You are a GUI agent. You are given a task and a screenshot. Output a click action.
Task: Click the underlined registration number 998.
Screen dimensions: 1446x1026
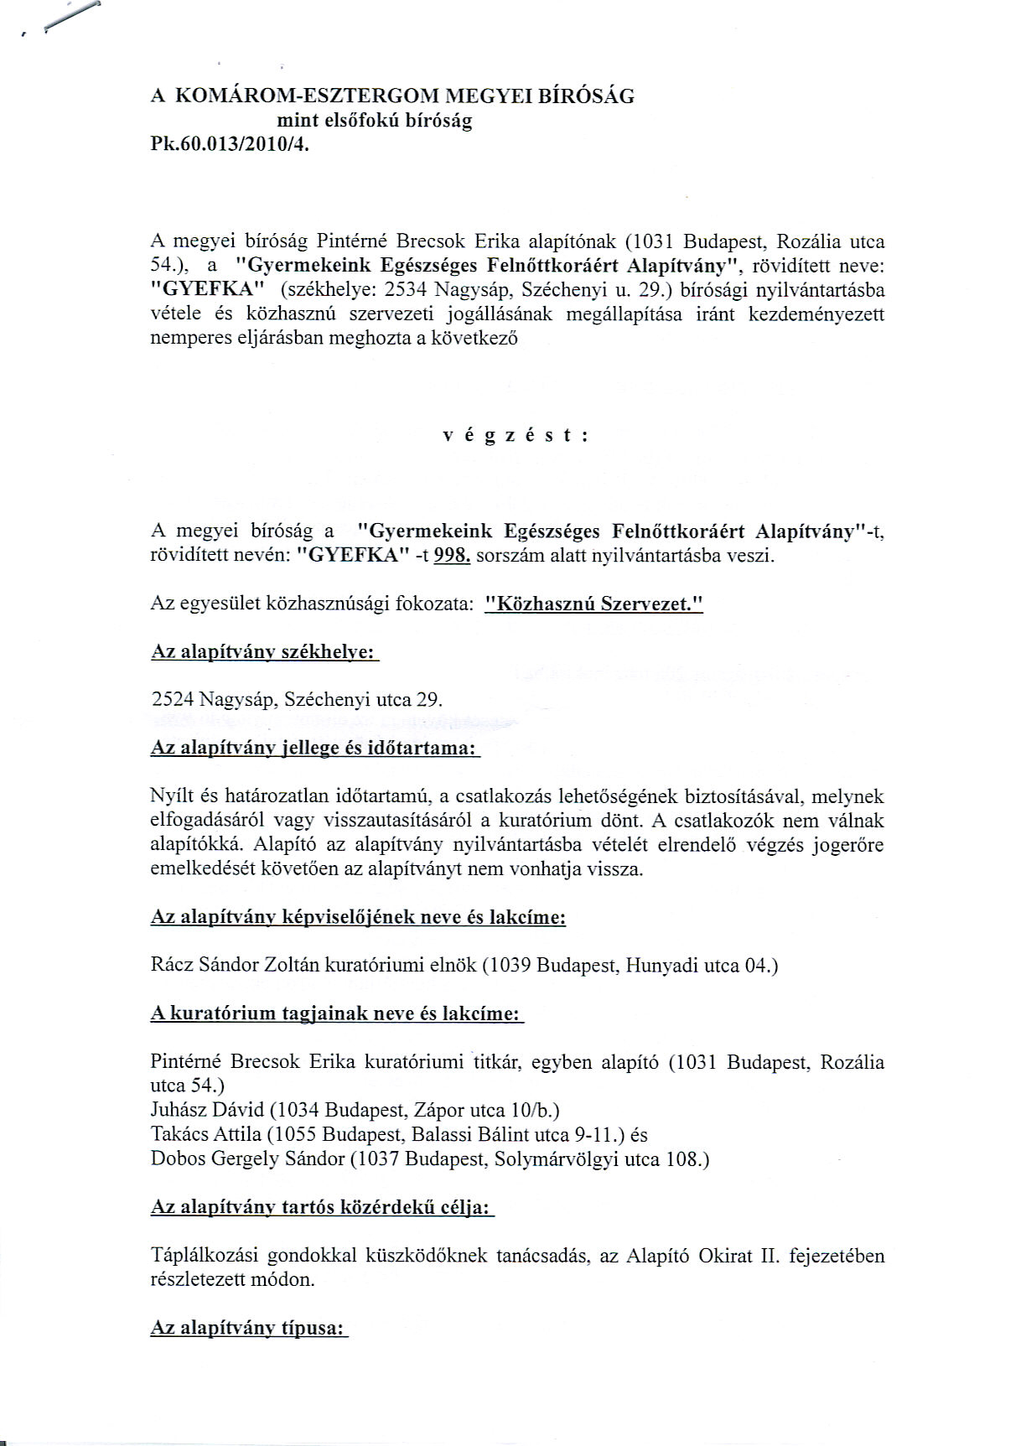453,556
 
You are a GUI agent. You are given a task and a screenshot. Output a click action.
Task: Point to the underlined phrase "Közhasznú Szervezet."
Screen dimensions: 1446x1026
593,604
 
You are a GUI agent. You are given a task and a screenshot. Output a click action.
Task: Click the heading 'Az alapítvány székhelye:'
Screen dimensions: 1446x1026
264,652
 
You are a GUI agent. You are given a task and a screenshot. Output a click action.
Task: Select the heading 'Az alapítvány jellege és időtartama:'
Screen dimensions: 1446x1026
314,748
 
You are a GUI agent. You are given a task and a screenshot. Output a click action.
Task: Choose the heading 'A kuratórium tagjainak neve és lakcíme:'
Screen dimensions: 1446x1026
336,1013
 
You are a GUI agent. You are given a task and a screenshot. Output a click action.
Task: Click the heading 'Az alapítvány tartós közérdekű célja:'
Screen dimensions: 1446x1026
322,1207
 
